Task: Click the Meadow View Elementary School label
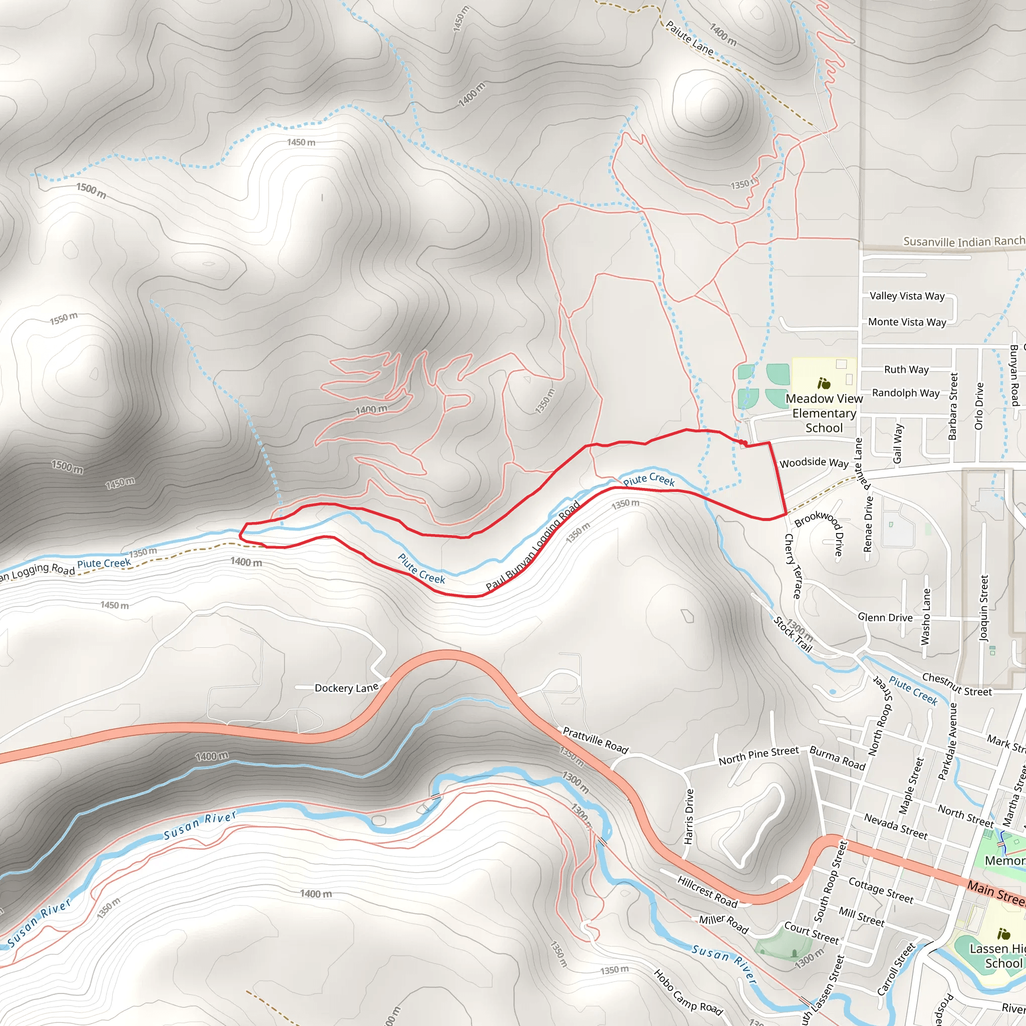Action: pyautogui.click(x=824, y=413)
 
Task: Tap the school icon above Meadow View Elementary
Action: pyautogui.click(x=824, y=383)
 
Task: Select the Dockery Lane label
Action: pyautogui.click(x=346, y=688)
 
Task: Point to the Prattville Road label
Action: pyautogui.click(x=595, y=740)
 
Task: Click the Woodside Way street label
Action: pyautogui.click(x=814, y=462)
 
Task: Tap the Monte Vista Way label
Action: pyautogui.click(x=907, y=322)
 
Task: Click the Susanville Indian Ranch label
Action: pyautogui.click(x=964, y=241)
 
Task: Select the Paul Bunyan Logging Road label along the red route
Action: pyautogui.click(x=533, y=546)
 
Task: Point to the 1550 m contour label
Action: pyautogui.click(x=64, y=319)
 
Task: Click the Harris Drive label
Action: pyautogui.click(x=689, y=816)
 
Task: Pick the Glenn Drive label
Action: pyautogui.click(x=885, y=617)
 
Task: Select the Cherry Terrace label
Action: pyautogui.click(x=793, y=566)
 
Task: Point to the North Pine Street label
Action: pyautogui.click(x=758, y=755)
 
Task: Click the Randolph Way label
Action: pyautogui.click(x=906, y=393)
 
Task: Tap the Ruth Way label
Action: pyautogui.click(x=906, y=370)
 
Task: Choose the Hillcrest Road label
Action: pyautogui.click(x=707, y=892)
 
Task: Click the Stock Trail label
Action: pyautogui.click(x=793, y=634)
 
